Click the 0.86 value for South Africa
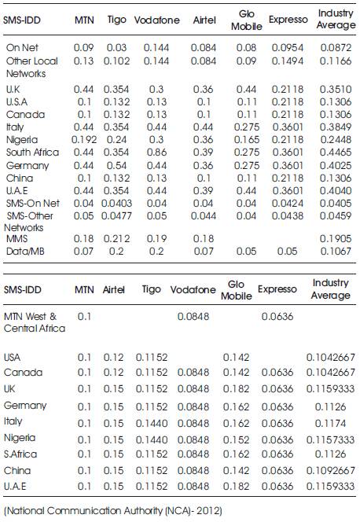click(x=156, y=153)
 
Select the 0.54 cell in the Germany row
click(x=116, y=165)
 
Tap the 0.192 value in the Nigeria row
click(x=84, y=139)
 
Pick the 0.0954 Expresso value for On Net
click(x=288, y=48)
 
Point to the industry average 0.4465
click(x=336, y=153)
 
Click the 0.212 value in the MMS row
click(x=116, y=239)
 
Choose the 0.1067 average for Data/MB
click(x=336, y=252)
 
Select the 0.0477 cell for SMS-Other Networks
click(x=116, y=215)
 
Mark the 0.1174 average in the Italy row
click(x=330, y=423)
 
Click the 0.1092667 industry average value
click(x=330, y=470)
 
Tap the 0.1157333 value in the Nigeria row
click(x=330, y=439)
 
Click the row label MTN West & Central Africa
click(x=35, y=322)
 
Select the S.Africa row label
click(x=20, y=454)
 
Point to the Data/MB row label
click(x=25, y=252)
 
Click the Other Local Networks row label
click(x=32, y=68)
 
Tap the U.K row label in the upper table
click(x=13, y=89)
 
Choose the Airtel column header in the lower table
click(x=113, y=289)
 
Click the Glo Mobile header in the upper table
click(x=247, y=20)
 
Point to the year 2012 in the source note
click(x=210, y=510)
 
